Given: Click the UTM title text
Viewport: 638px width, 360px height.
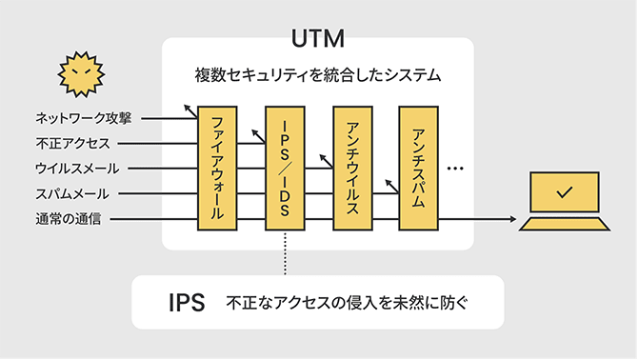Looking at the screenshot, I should tap(318, 40).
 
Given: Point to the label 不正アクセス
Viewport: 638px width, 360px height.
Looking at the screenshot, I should tap(72, 144).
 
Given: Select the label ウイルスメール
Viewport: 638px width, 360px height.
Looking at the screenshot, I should tap(77, 170).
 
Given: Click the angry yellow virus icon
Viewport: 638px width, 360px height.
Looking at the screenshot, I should tap(79, 73).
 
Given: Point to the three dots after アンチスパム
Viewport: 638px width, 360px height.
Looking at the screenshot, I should tap(454, 170).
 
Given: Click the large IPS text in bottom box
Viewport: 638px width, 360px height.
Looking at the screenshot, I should tap(187, 303).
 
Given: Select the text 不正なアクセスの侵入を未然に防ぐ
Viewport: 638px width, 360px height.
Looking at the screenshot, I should tap(349, 303).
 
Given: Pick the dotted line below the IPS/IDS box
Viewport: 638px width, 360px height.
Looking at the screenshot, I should tap(285, 253).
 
